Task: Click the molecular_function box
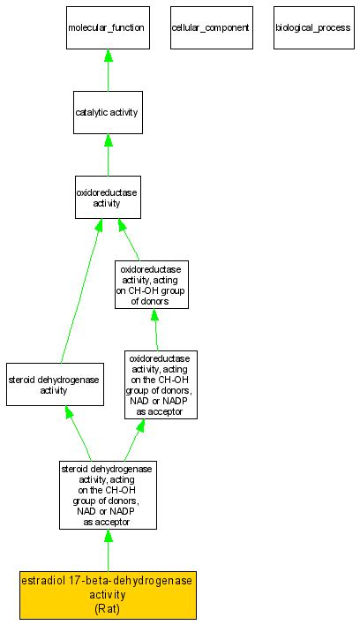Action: click(107, 27)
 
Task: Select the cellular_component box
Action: click(210, 27)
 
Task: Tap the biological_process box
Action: click(312, 27)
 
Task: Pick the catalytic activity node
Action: click(107, 113)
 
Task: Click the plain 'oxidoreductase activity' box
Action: click(107, 198)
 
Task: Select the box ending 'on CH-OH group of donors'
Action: click(152, 284)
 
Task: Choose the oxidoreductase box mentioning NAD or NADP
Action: click(161, 385)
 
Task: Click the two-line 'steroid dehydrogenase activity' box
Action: click(54, 385)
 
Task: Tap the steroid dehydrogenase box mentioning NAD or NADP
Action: click(107, 494)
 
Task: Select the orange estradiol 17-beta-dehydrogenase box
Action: click(107, 595)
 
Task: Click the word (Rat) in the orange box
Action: click(107, 608)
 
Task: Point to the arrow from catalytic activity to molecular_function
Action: click(107, 70)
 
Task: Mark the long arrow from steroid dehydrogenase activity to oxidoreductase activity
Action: click(79, 291)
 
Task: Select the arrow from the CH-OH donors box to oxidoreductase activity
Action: click(129, 239)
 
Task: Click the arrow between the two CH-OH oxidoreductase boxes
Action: click(156, 329)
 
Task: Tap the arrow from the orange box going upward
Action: click(107, 551)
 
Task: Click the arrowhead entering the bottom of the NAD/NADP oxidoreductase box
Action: click(141, 426)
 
